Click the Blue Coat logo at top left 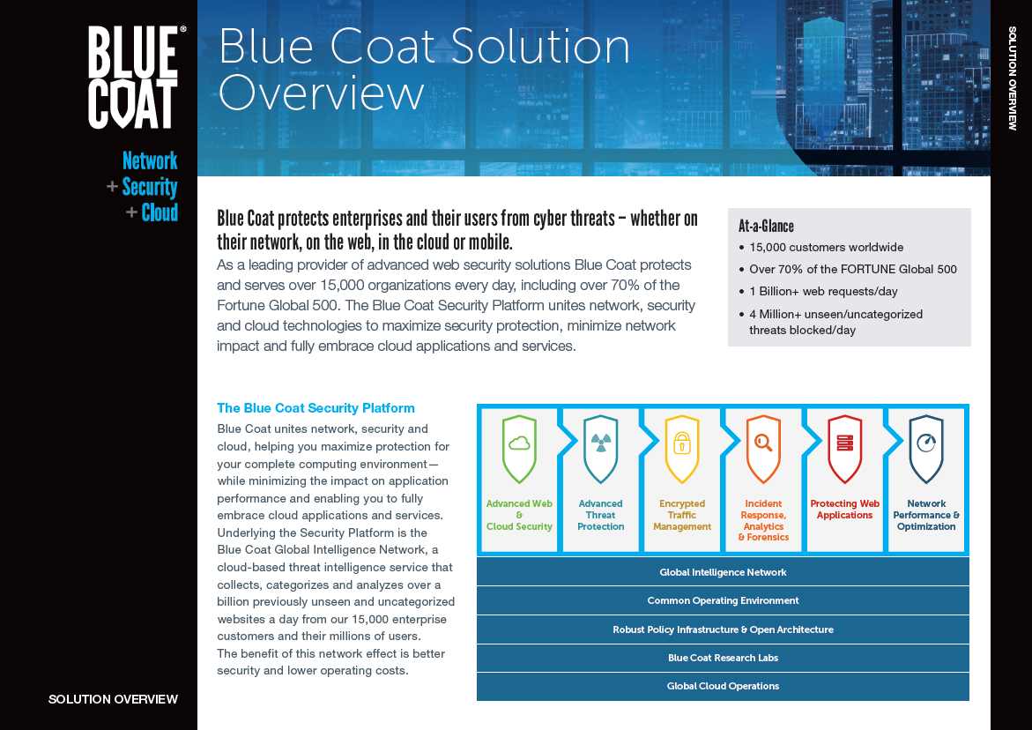pos(134,78)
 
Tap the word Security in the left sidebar pos(150,187)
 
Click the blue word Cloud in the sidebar pos(160,212)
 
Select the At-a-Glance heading pos(766,227)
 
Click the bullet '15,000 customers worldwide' pos(826,248)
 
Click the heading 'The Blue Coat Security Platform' pos(316,408)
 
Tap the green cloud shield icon pos(519,448)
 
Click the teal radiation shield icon pos(601,448)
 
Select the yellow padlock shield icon pos(682,448)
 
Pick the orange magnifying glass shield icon pos(763,448)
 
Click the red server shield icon pos(844,448)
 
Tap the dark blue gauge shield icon pos(926,448)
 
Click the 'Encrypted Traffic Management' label pos(682,516)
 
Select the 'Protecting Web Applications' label pos(844,510)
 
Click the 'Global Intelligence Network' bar pos(723,572)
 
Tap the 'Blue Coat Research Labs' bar pos(723,658)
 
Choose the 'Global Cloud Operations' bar pos(723,686)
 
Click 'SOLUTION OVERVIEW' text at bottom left pos(113,699)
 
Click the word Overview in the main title pos(321,93)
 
